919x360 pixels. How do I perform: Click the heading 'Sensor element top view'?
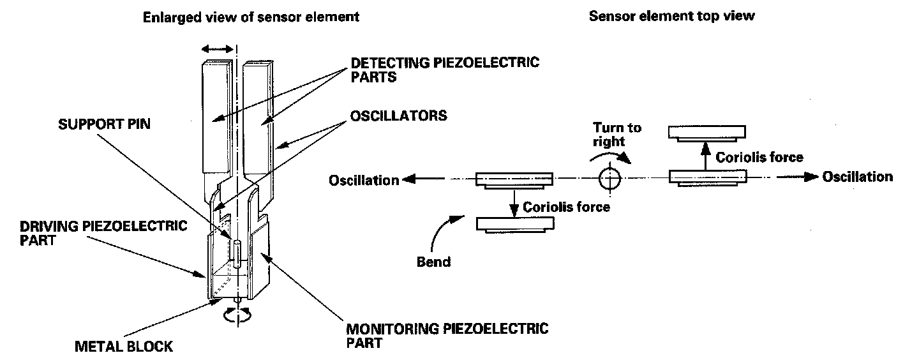(x=671, y=16)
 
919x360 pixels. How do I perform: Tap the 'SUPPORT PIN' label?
(x=105, y=124)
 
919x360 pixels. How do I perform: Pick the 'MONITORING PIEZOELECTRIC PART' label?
(x=447, y=336)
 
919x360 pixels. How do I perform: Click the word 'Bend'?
(x=433, y=262)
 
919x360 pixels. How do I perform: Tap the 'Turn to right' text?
(x=617, y=135)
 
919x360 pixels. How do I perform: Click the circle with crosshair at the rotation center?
(x=609, y=179)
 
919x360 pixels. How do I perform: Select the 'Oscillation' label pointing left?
(x=363, y=181)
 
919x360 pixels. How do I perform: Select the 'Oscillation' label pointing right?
(x=857, y=177)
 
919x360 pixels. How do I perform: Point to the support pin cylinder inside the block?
(x=237, y=254)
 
